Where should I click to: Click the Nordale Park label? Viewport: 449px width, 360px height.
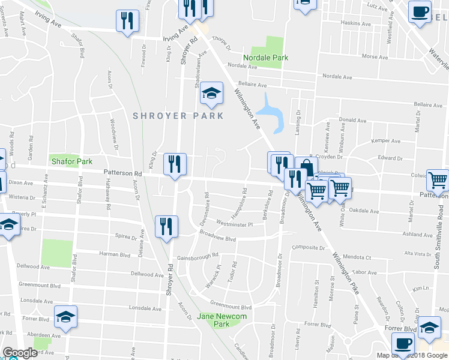265,58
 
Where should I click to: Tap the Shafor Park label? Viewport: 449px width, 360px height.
71,161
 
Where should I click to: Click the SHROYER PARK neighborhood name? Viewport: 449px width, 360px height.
178,116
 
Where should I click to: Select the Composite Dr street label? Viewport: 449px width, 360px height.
308,247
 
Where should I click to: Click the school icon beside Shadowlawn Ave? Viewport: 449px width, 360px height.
211,92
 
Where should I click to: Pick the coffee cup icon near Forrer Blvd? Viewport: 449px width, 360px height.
402,343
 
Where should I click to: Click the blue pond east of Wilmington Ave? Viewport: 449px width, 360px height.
271,110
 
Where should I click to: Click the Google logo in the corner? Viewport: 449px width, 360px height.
20,353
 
